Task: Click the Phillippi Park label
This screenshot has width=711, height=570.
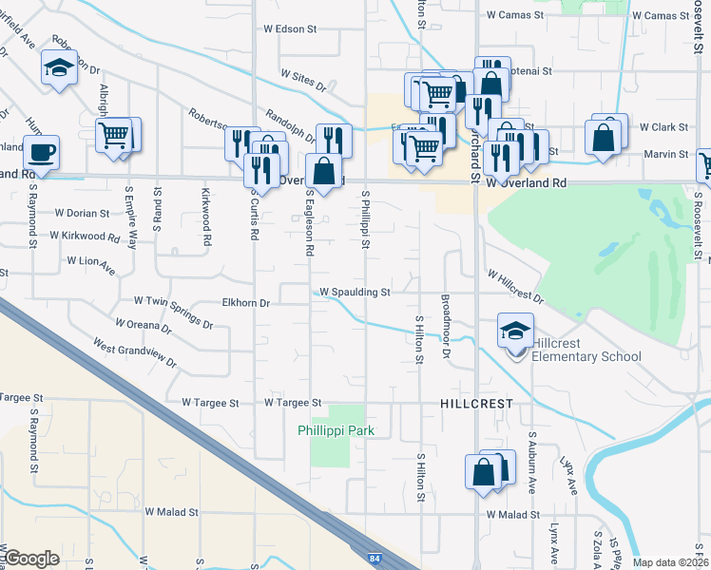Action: tap(335, 430)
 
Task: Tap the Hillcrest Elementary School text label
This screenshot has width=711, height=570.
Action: tap(586, 350)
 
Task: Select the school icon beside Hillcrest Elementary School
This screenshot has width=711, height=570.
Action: tap(514, 332)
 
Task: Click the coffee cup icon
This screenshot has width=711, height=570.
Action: tap(41, 151)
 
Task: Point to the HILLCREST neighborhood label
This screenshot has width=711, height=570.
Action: tap(476, 404)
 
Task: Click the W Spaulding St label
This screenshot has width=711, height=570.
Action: tap(355, 293)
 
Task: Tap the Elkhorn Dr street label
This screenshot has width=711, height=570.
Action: tap(246, 303)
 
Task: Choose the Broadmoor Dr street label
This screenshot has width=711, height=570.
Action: tap(445, 326)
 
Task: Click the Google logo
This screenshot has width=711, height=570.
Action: tap(31, 559)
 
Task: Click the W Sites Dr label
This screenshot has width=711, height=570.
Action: tap(303, 80)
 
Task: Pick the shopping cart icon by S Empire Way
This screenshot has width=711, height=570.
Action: tap(114, 134)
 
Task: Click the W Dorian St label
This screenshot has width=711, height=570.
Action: tap(84, 213)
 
